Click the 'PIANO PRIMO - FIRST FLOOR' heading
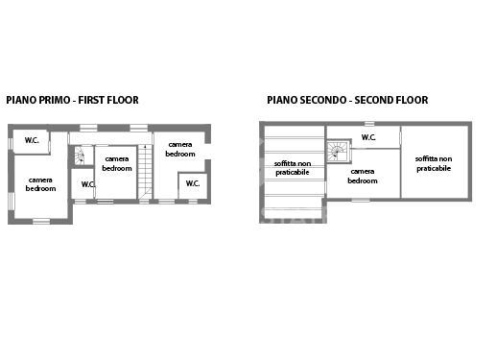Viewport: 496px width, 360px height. tap(72, 100)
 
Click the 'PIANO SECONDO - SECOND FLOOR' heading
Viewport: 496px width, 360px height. tap(347, 100)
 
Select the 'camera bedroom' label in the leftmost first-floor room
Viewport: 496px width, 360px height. tap(40, 184)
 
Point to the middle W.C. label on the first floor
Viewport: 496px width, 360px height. tap(88, 184)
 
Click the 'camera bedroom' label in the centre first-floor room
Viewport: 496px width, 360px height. tap(117, 163)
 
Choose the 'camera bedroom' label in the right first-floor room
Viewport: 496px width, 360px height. tap(180, 149)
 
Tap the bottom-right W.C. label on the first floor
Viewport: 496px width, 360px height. tap(192, 182)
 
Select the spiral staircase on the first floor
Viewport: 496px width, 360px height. tap(80, 156)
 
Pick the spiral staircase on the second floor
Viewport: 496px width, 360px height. tap(338, 151)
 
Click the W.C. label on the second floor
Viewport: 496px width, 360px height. tap(368, 137)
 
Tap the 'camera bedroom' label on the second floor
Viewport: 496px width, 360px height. tap(363, 176)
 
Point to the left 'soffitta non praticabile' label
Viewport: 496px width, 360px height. tap(293, 168)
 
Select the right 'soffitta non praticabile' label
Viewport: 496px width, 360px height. tap(434, 162)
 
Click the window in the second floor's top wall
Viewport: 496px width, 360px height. tap(369, 123)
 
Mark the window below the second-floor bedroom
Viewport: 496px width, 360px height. tap(360, 200)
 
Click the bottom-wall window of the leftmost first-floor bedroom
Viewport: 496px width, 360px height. tap(41, 222)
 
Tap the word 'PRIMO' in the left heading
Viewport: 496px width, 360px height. tap(49, 100)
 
